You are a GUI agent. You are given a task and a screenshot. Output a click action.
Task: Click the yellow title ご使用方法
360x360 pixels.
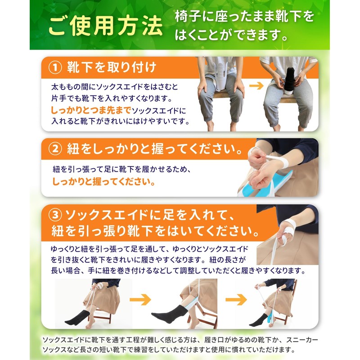(105, 28)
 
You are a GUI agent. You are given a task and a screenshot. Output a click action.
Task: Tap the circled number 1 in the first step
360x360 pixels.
(55, 68)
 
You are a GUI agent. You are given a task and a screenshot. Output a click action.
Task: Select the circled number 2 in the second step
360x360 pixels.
(55, 148)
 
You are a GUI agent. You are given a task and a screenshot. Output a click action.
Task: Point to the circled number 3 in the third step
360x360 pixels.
(55, 217)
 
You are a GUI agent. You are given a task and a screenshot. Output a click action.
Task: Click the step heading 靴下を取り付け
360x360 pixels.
(112, 68)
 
